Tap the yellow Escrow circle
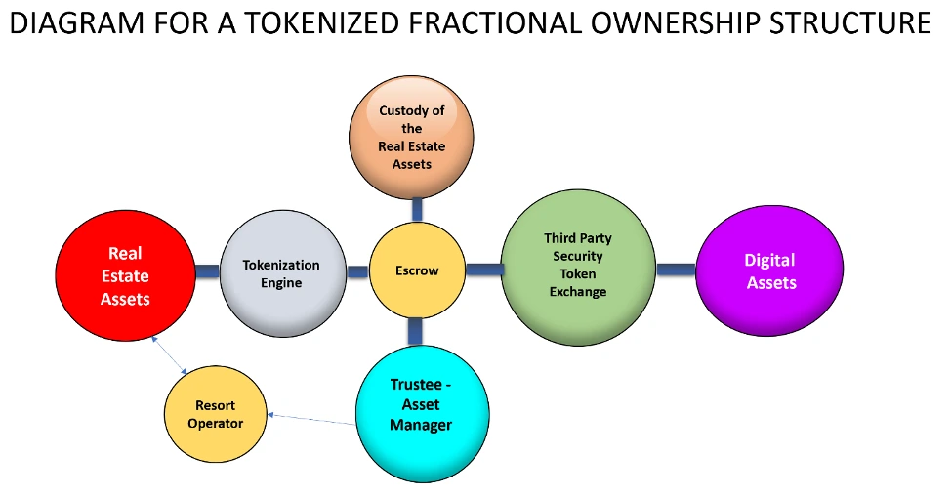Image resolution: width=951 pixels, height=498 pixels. click(417, 270)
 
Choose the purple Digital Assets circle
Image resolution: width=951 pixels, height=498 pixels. click(769, 270)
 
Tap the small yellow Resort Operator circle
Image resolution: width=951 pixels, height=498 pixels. click(215, 414)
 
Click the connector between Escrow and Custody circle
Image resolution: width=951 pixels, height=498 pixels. click(417, 208)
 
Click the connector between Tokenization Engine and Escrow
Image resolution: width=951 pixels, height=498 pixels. click(357, 272)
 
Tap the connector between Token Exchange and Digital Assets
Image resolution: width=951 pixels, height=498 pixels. click(675, 270)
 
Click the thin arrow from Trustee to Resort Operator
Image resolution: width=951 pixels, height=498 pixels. click(312, 420)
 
